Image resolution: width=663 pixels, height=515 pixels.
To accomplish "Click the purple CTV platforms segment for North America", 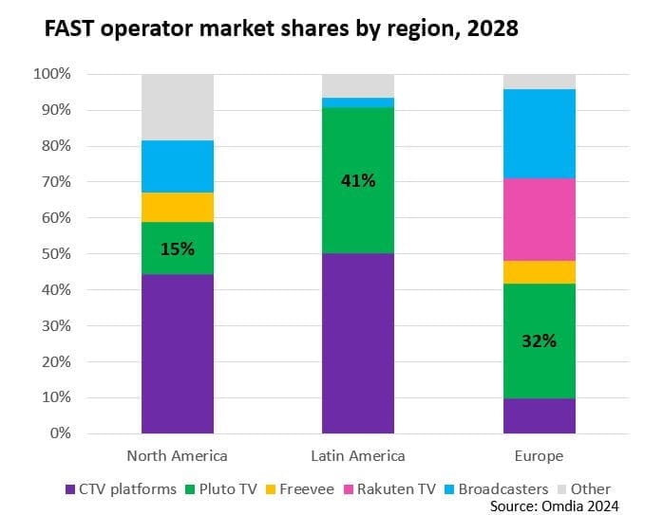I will point(177,354).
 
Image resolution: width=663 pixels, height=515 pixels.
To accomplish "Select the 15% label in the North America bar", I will point(177,249).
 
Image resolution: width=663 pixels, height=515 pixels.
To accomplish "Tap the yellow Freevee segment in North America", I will point(177,207).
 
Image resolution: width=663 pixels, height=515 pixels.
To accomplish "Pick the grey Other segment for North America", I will point(177,106).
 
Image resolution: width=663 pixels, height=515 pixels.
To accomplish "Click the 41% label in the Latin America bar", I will point(358,180).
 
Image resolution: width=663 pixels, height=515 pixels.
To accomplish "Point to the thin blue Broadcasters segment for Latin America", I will point(358,102).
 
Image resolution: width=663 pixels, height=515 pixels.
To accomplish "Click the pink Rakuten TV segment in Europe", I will point(540,219).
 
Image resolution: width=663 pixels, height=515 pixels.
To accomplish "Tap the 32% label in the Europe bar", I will point(540,340).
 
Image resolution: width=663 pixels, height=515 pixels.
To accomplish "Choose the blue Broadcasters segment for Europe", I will point(540,134).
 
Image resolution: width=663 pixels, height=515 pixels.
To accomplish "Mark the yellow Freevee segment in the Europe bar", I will point(540,272).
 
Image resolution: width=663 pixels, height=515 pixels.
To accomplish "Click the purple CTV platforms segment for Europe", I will point(540,415).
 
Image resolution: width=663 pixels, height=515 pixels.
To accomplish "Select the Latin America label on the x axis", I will point(358,456).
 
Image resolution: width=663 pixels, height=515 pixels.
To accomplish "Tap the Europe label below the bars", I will point(540,456).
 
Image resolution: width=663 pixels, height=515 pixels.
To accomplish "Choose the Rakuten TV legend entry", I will point(394,489).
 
